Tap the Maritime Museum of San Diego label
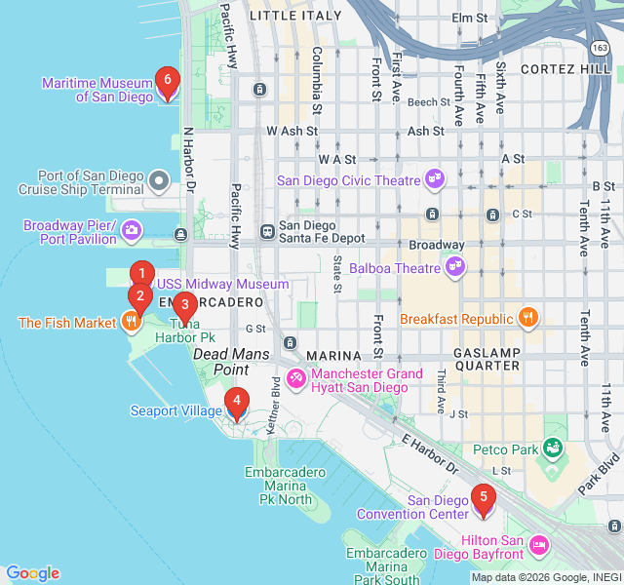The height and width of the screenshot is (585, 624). [x=97, y=90]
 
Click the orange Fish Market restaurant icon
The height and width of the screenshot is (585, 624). [x=130, y=323]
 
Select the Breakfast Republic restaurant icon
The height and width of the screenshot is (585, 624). [x=527, y=318]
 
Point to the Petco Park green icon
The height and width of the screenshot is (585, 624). [x=553, y=448]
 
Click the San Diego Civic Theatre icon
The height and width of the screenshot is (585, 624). [x=435, y=179]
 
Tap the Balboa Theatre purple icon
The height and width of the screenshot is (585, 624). [x=453, y=265]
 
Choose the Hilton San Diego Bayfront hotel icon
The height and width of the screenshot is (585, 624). [x=537, y=543]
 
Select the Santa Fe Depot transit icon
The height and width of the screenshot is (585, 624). [x=266, y=232]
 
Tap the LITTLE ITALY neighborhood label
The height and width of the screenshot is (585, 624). [x=295, y=16]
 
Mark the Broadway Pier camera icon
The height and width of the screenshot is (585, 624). [x=131, y=231]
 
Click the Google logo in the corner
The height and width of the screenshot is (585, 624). [x=32, y=573]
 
